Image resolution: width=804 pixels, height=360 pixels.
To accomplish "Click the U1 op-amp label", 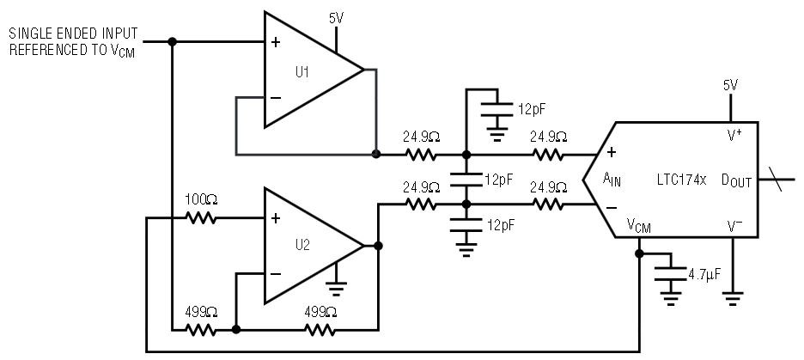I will coord(301,72).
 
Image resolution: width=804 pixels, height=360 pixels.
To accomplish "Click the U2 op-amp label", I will coord(301,244).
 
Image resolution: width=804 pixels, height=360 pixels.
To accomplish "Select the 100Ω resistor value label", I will coord(202,199).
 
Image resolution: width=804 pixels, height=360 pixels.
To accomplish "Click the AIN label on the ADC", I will coord(612,180).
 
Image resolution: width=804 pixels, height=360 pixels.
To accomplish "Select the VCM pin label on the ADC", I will coord(638,226).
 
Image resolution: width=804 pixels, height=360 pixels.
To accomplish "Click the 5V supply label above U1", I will coord(337,16).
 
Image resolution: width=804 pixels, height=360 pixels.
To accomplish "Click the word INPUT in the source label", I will coord(116,32).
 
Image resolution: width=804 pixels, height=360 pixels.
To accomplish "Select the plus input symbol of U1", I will coord(275,41).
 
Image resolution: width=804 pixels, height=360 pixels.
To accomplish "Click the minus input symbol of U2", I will coord(275,274).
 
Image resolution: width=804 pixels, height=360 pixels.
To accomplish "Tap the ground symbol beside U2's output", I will coord(338,290).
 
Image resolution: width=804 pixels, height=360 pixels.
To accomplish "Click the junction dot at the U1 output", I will coord(376,155).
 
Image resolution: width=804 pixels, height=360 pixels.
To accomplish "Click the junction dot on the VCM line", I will coord(639,253).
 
